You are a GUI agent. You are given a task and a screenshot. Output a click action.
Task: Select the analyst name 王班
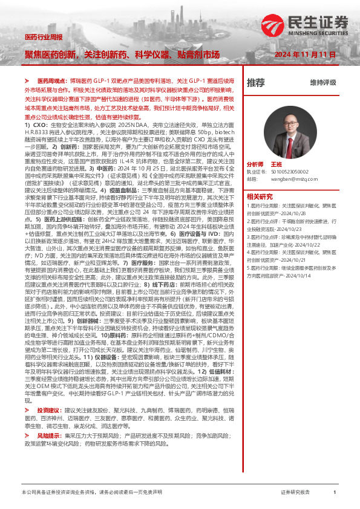(x=277, y=164)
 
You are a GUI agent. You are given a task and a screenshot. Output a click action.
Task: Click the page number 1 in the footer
(x=334, y=493)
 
